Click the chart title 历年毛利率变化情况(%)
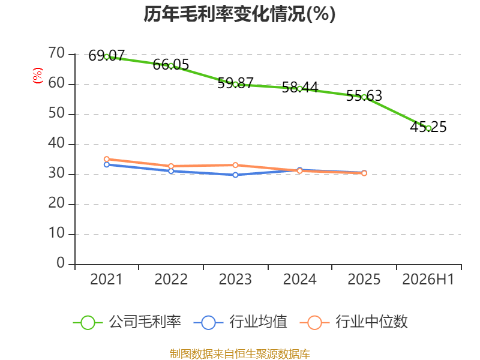(x=239, y=14)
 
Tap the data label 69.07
(x=107, y=56)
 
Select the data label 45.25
(x=428, y=127)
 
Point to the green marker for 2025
(x=364, y=97)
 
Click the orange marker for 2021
(x=107, y=159)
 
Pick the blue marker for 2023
(x=235, y=175)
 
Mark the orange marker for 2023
(x=235, y=166)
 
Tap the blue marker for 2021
(x=107, y=164)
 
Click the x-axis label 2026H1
(x=428, y=280)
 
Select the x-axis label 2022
(x=171, y=280)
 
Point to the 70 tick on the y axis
(x=56, y=53)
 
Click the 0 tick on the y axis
(x=61, y=263)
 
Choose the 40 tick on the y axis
(x=56, y=143)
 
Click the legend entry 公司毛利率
(x=127, y=322)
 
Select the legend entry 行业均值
(x=241, y=322)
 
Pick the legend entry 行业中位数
(x=353, y=322)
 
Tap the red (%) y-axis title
(x=38, y=76)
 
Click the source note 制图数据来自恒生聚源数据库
(x=240, y=354)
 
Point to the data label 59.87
(x=235, y=83)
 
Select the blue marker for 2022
(x=171, y=171)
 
